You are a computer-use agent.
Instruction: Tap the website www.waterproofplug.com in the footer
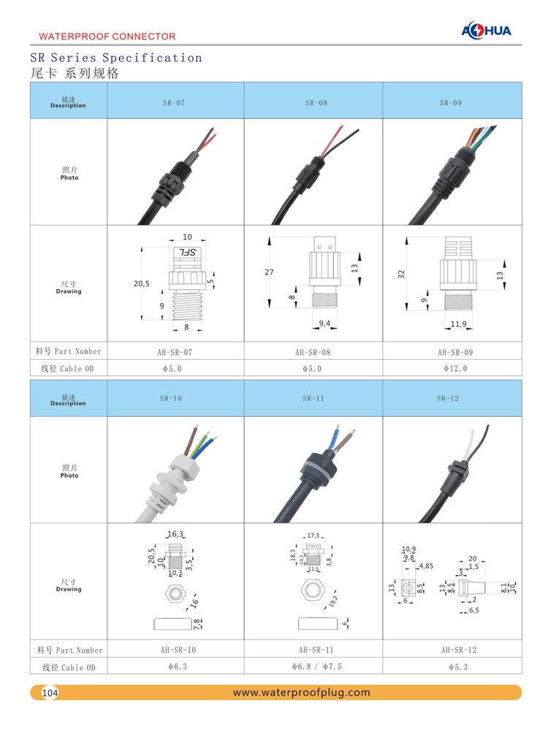(x=301, y=693)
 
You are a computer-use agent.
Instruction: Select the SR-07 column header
(x=174, y=103)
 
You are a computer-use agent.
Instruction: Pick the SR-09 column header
(x=451, y=103)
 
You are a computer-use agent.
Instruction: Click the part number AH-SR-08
(x=313, y=352)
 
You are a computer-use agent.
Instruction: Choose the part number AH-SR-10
(x=175, y=650)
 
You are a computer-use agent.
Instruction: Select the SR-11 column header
(x=313, y=399)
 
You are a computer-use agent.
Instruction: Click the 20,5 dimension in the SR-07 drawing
(x=141, y=283)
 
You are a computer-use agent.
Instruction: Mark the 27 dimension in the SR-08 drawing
(x=269, y=272)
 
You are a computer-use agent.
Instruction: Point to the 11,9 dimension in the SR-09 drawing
(x=459, y=322)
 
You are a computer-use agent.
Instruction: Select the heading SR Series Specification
(x=116, y=58)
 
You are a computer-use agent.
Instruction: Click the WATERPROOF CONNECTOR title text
(x=107, y=36)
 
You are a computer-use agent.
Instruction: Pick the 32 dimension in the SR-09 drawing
(x=401, y=274)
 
